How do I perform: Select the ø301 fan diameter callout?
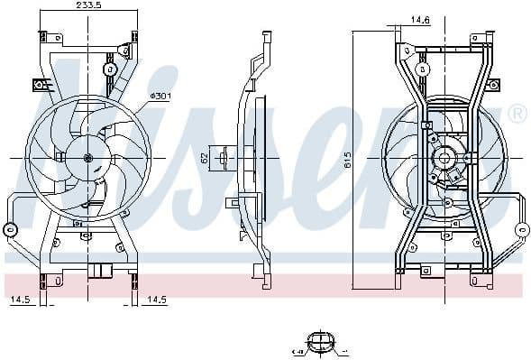(x=161, y=95)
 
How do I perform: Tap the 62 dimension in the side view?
(x=205, y=158)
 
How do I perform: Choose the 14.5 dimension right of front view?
(x=157, y=298)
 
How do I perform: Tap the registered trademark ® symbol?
(x=517, y=114)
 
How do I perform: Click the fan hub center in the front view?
(x=88, y=159)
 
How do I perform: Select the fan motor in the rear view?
(x=444, y=161)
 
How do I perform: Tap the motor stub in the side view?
(x=216, y=158)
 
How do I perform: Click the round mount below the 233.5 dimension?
(x=111, y=69)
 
